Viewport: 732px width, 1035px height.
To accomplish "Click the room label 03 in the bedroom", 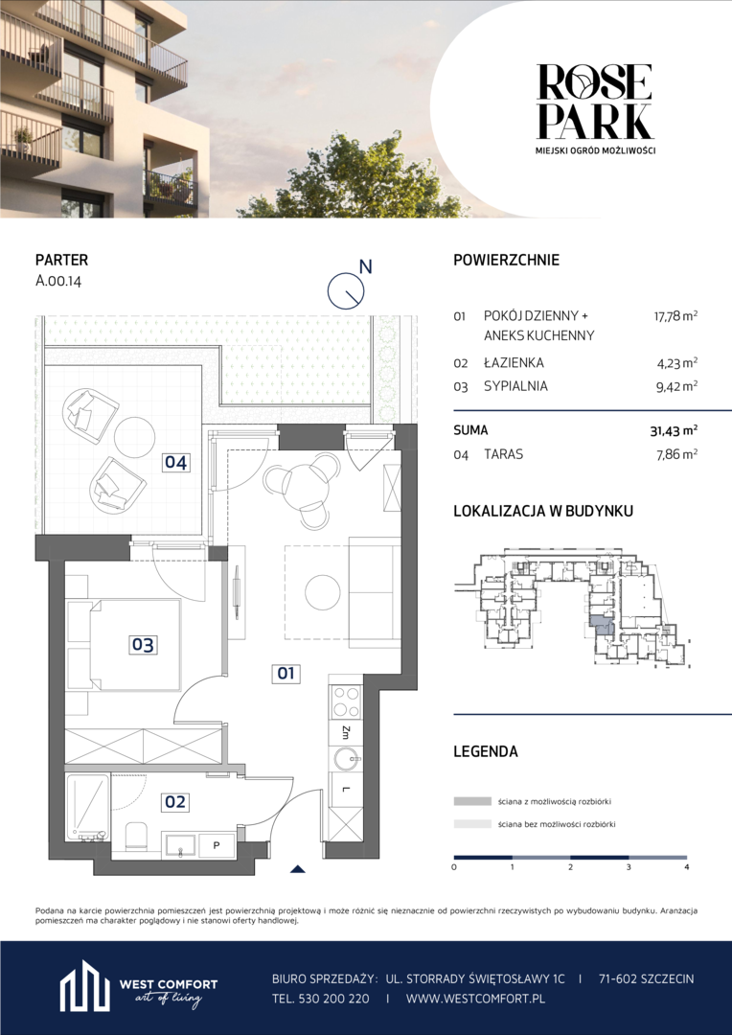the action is point(143,644).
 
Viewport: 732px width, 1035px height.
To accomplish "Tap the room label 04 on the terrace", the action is point(175,463).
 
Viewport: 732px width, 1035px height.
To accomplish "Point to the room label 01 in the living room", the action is point(287,674).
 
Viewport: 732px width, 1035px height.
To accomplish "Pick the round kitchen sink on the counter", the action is point(347,758).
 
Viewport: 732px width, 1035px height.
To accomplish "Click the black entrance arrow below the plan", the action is point(298,868).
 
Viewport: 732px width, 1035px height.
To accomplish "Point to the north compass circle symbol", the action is point(347,290).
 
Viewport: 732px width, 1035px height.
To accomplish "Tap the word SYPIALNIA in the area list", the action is point(515,387).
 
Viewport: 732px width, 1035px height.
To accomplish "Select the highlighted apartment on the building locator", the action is point(602,625).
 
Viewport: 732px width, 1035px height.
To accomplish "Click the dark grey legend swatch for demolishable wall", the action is point(472,801).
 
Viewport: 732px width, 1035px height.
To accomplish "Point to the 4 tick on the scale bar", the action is point(687,866).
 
